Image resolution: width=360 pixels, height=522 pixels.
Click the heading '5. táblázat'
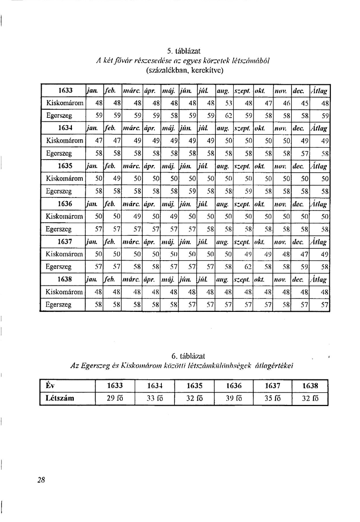184,51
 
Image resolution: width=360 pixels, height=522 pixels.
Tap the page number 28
41,480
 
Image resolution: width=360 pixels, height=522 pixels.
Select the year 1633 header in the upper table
65,91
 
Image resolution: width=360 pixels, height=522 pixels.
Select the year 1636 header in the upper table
65,204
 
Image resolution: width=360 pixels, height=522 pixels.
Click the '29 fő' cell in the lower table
115,398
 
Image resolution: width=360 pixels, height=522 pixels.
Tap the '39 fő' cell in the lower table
233,398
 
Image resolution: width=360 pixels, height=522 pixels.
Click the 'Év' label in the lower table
50,386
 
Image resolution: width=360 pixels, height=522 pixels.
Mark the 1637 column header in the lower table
272,386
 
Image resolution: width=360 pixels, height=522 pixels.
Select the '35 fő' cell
272,398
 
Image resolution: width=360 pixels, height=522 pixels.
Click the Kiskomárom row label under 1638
64,292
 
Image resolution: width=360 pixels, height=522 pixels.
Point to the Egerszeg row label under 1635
59,191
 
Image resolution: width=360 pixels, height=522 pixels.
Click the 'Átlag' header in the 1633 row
319,91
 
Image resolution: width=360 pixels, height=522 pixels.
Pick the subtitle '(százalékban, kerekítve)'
184,70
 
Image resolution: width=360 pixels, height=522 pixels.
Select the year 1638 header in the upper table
65,279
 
